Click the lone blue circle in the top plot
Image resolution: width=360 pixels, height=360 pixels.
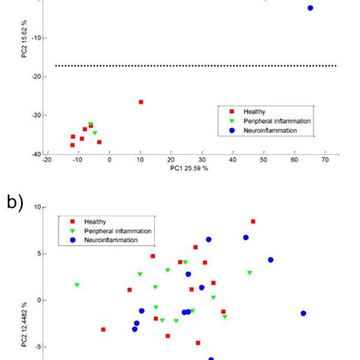tap(310, 8)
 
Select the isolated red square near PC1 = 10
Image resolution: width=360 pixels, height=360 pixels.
tap(141, 102)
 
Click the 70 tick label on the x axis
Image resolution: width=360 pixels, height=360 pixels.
tap(325, 160)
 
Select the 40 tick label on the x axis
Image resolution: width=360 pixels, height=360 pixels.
tap(232, 160)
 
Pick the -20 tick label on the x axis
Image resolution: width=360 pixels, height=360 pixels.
tap(47, 160)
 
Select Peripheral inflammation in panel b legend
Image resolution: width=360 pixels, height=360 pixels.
tap(117, 231)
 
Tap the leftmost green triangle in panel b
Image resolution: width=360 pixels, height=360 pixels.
tap(77, 286)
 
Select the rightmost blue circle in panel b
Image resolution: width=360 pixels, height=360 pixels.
tap(303, 313)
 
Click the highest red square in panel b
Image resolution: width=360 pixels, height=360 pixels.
tap(253, 222)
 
